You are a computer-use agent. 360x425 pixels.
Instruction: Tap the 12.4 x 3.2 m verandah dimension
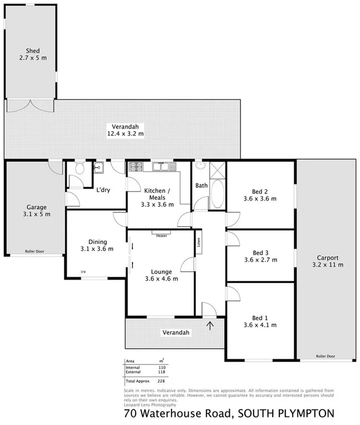pos(126,134)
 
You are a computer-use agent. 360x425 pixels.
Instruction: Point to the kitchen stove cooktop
pos(136,166)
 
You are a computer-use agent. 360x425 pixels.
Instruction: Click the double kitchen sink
pos(161,166)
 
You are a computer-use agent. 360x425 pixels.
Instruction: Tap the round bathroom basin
pos(200,165)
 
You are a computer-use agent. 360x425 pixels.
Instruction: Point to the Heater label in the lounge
pos(162,236)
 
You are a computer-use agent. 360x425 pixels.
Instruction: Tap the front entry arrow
pos(210,325)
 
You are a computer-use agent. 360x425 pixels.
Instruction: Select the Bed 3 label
pos(260,252)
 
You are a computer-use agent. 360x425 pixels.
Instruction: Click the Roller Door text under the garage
pos(34,252)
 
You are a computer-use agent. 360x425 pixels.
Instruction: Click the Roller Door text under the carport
pos(325,356)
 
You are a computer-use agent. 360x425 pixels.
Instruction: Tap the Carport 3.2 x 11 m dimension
pos(328,265)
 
